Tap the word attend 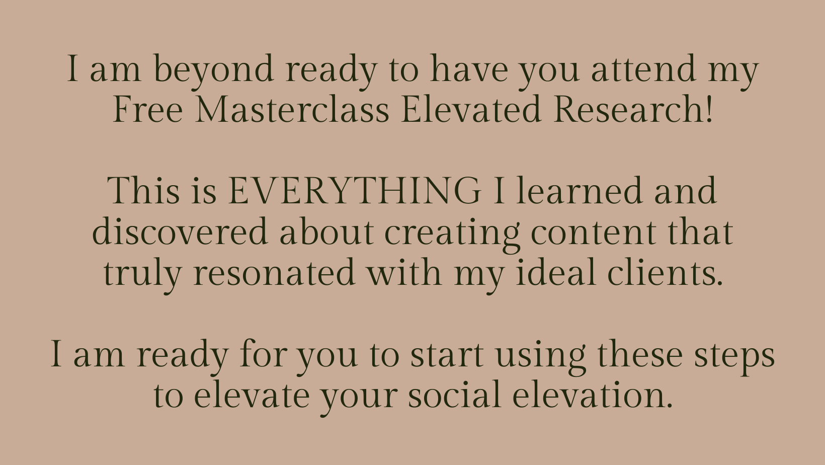[643, 68]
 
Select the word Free [148, 109]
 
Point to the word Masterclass [292, 109]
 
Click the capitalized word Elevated [471, 109]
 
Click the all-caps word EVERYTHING [354, 191]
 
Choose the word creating [452, 235]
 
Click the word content [593, 232]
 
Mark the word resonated [274, 272]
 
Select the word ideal [556, 272]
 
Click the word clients [665, 272]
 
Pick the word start [447, 354]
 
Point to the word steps [735, 357]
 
